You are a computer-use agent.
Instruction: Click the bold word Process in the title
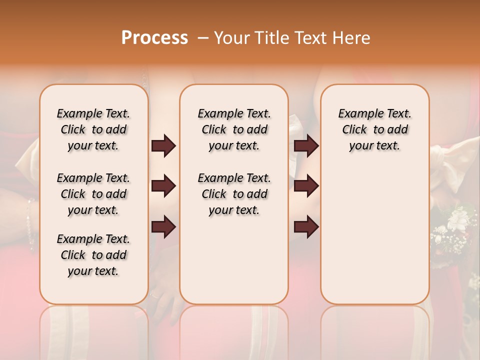pos(154,38)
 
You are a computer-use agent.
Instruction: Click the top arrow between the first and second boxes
pos(164,145)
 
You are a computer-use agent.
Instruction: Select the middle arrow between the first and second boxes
pos(164,186)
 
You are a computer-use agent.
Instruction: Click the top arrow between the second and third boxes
pos(306,145)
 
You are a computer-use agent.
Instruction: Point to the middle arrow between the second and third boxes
pos(306,186)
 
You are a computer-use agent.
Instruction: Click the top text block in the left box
pos(93,129)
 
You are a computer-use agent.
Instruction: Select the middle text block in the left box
pos(93,194)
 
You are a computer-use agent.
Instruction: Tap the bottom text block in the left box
pos(93,255)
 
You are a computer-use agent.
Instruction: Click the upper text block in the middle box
pos(234,129)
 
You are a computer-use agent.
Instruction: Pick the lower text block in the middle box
pos(234,194)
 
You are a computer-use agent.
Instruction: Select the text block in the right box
pos(374,129)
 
